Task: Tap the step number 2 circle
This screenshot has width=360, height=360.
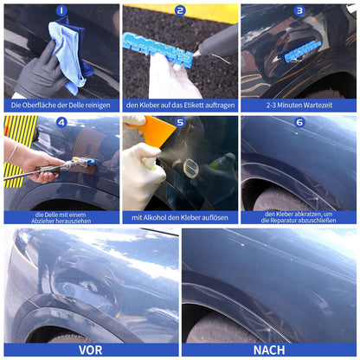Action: pos(180,11)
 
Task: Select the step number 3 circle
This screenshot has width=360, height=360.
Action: pos(299,11)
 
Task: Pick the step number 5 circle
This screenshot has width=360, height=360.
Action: pos(180,122)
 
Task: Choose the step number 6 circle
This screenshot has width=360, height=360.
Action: pos(299,122)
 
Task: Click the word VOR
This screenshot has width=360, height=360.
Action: pos(90,350)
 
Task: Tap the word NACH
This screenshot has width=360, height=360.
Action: pos(271,350)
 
